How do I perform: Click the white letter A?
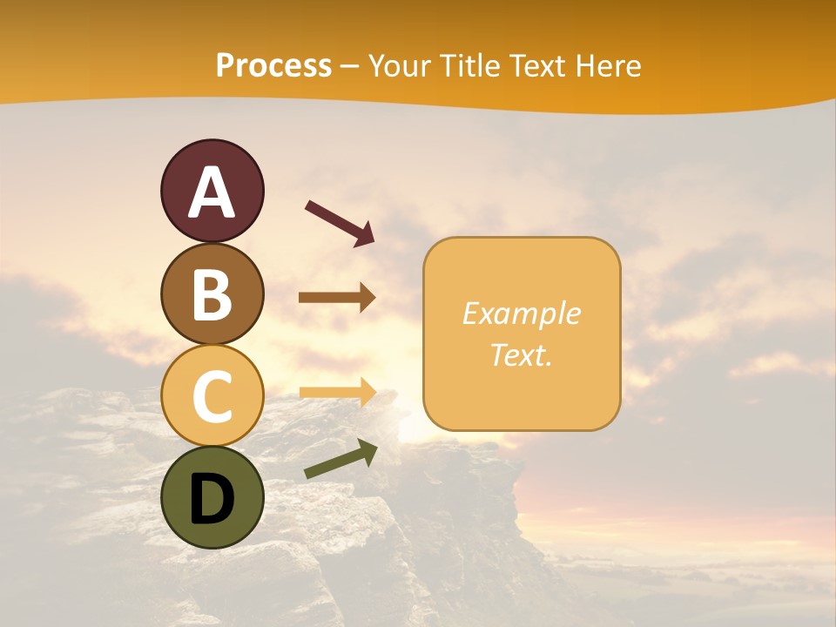(x=212, y=193)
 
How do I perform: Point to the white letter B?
(x=212, y=294)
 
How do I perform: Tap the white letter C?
(x=212, y=396)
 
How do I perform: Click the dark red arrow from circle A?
(x=340, y=223)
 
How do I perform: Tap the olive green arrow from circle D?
(x=340, y=459)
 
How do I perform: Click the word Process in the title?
(x=273, y=66)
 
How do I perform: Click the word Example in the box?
(x=521, y=313)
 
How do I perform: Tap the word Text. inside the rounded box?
(x=521, y=354)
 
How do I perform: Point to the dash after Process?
(x=350, y=67)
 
